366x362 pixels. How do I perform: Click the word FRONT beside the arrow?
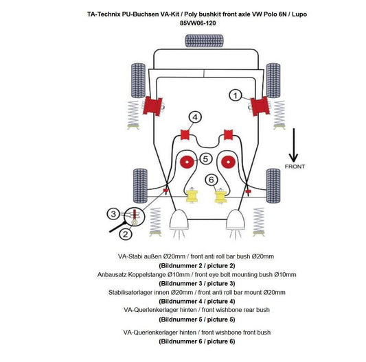click(x=295, y=166)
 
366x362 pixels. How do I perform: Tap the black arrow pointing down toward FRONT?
click(x=293, y=144)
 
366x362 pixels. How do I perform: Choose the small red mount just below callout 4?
click(x=184, y=132)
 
